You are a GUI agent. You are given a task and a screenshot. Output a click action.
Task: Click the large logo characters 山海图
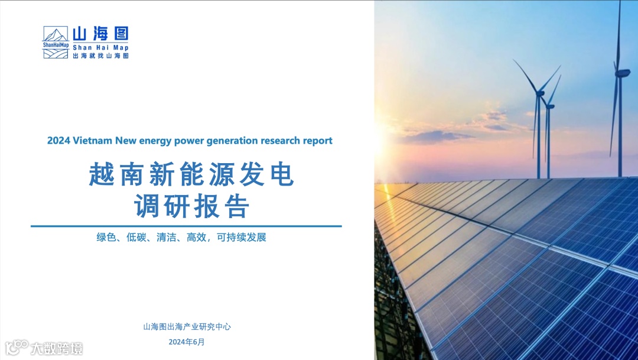tap(100, 34)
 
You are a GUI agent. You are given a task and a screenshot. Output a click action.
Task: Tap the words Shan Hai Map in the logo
tap(100, 48)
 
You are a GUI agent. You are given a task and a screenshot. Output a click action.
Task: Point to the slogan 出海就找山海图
tap(100, 56)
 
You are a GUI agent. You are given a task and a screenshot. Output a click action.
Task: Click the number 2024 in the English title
tap(58, 141)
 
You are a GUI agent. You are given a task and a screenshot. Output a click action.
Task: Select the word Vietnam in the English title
tap(92, 141)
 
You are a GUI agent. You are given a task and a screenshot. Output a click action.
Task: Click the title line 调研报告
tap(191, 206)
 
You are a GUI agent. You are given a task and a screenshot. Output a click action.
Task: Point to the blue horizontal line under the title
tap(186, 226)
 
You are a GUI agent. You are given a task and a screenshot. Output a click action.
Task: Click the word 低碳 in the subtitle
tap(136, 237)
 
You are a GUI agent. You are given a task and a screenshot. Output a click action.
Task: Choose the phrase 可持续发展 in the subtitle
tap(241, 237)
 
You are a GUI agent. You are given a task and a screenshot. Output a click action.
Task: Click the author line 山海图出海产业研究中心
tap(187, 327)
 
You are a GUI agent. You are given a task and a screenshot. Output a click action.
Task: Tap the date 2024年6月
tap(187, 342)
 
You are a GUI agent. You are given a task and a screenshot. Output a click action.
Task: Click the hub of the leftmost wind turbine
tap(540, 93)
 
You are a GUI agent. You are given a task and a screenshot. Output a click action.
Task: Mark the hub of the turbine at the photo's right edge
tap(621, 73)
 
